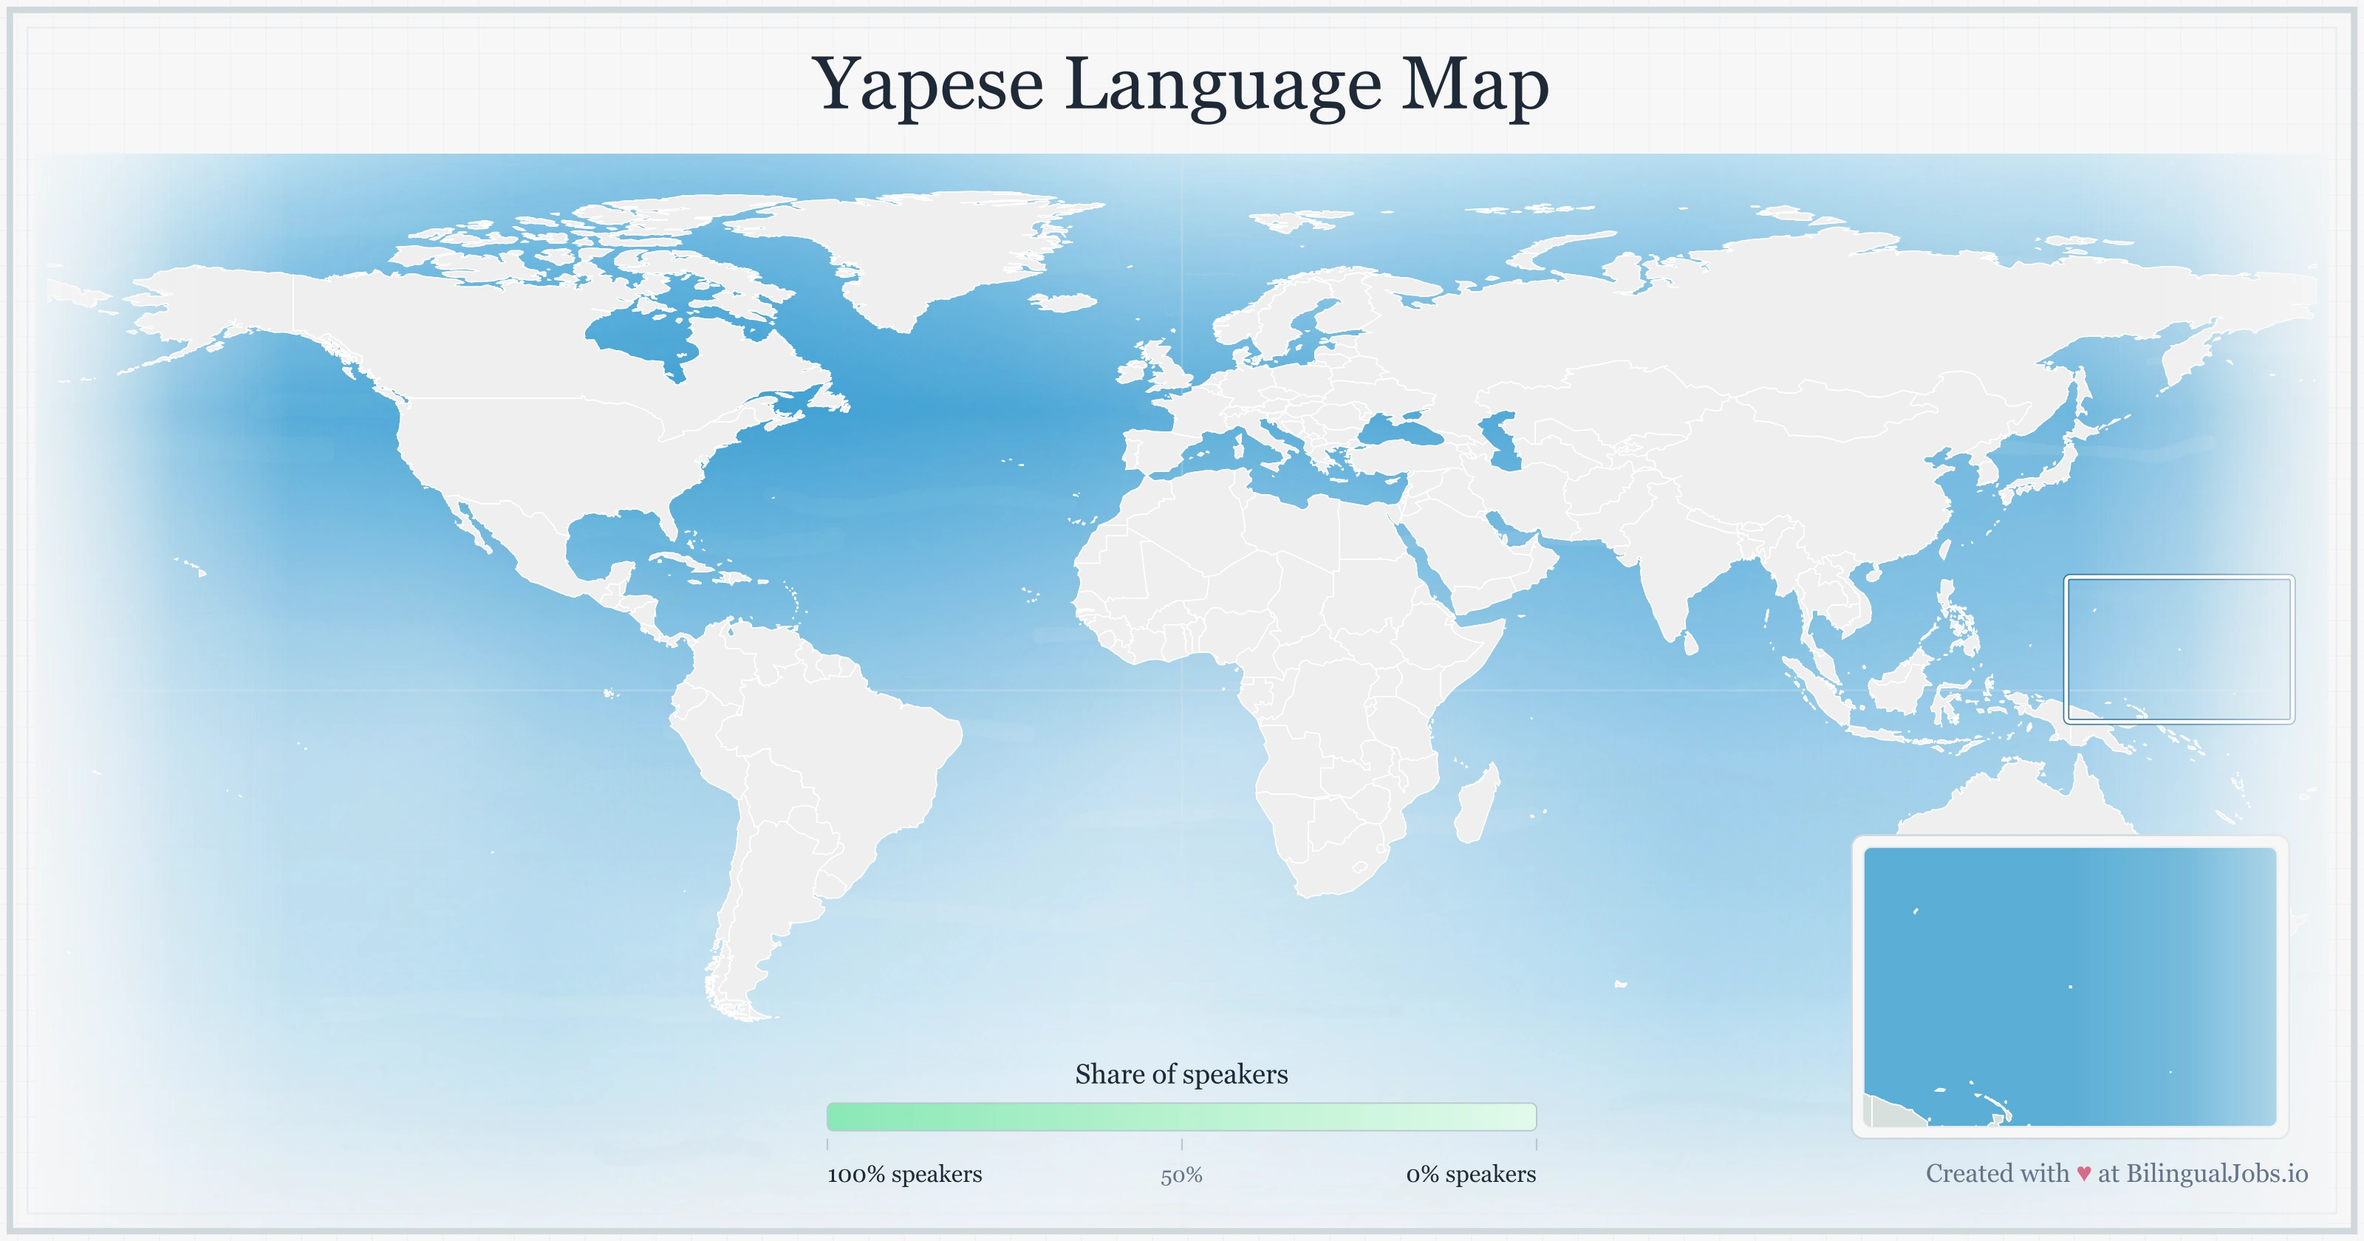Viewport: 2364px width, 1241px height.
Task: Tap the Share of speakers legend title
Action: (x=1181, y=1074)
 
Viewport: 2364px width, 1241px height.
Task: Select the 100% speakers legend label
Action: (x=904, y=1174)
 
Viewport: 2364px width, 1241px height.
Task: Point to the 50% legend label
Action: (x=1181, y=1175)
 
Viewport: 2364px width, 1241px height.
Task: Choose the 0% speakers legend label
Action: (x=1470, y=1174)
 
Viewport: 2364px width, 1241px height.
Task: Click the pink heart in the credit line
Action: (x=2083, y=1174)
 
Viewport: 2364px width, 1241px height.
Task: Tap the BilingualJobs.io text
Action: (x=2216, y=1173)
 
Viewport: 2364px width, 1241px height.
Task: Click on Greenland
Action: (x=927, y=248)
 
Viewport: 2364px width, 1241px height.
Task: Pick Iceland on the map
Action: (x=1065, y=302)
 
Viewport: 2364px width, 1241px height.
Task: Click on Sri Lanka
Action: (x=1691, y=643)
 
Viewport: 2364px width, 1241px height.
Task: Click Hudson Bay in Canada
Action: (x=643, y=340)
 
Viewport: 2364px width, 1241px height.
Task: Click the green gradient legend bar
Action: (x=1181, y=1117)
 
